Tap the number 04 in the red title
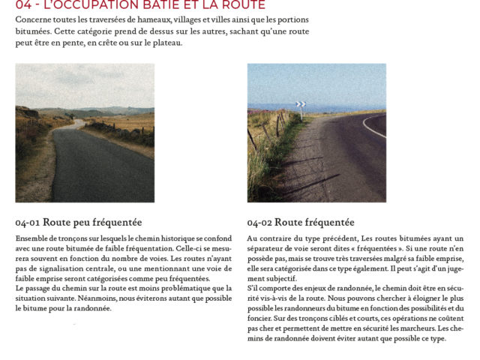click(23, 5)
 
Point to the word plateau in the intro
click(164, 43)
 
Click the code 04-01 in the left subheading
click(27, 223)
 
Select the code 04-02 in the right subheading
click(259, 223)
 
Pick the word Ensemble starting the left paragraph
click(31, 238)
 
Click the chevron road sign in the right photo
click(301, 104)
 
